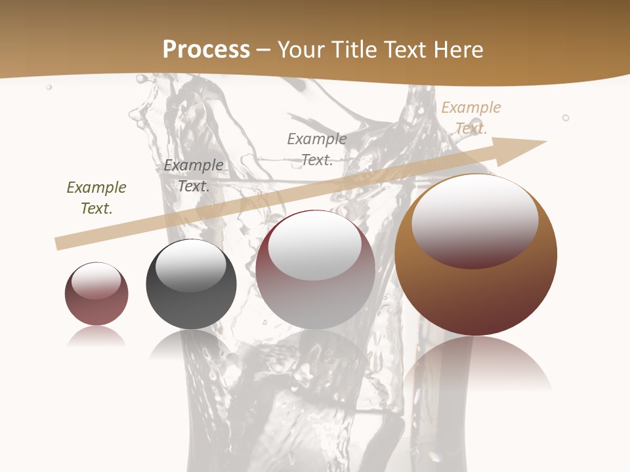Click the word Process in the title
(x=206, y=50)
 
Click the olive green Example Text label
(x=96, y=198)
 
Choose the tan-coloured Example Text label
(x=471, y=118)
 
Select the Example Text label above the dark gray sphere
(x=194, y=176)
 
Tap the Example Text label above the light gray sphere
(x=317, y=149)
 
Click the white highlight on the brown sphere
(x=474, y=220)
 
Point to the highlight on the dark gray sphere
(x=190, y=265)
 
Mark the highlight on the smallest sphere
(x=96, y=281)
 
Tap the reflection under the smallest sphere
(x=96, y=336)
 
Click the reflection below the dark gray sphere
(x=191, y=344)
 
